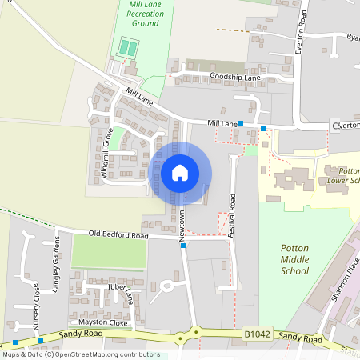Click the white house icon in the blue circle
coord(180,172)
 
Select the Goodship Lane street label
coord(235,78)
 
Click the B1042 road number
coord(254,334)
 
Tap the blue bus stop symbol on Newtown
coord(183,246)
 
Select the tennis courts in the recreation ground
coord(127,49)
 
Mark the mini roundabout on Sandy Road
coord(194,334)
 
